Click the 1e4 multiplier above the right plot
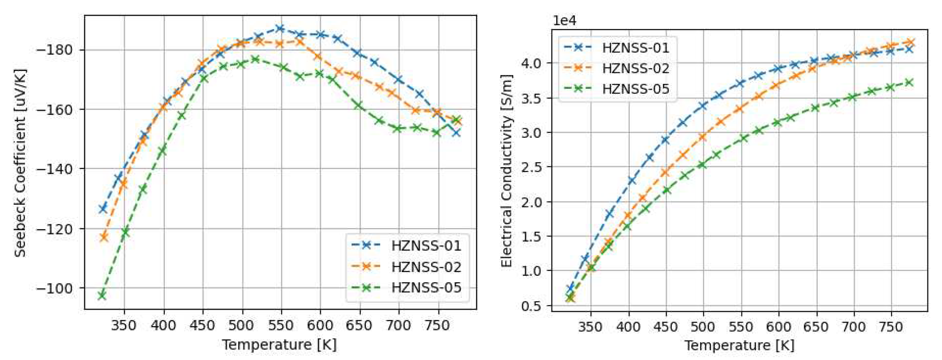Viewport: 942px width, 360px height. tap(564, 21)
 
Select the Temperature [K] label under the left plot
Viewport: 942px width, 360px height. tap(279, 345)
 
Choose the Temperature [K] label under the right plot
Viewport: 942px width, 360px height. tap(739, 345)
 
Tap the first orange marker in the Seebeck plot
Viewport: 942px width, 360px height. tap(104, 237)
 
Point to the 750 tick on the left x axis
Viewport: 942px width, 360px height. tap(438, 325)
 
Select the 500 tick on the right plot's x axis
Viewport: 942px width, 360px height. tap(703, 326)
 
